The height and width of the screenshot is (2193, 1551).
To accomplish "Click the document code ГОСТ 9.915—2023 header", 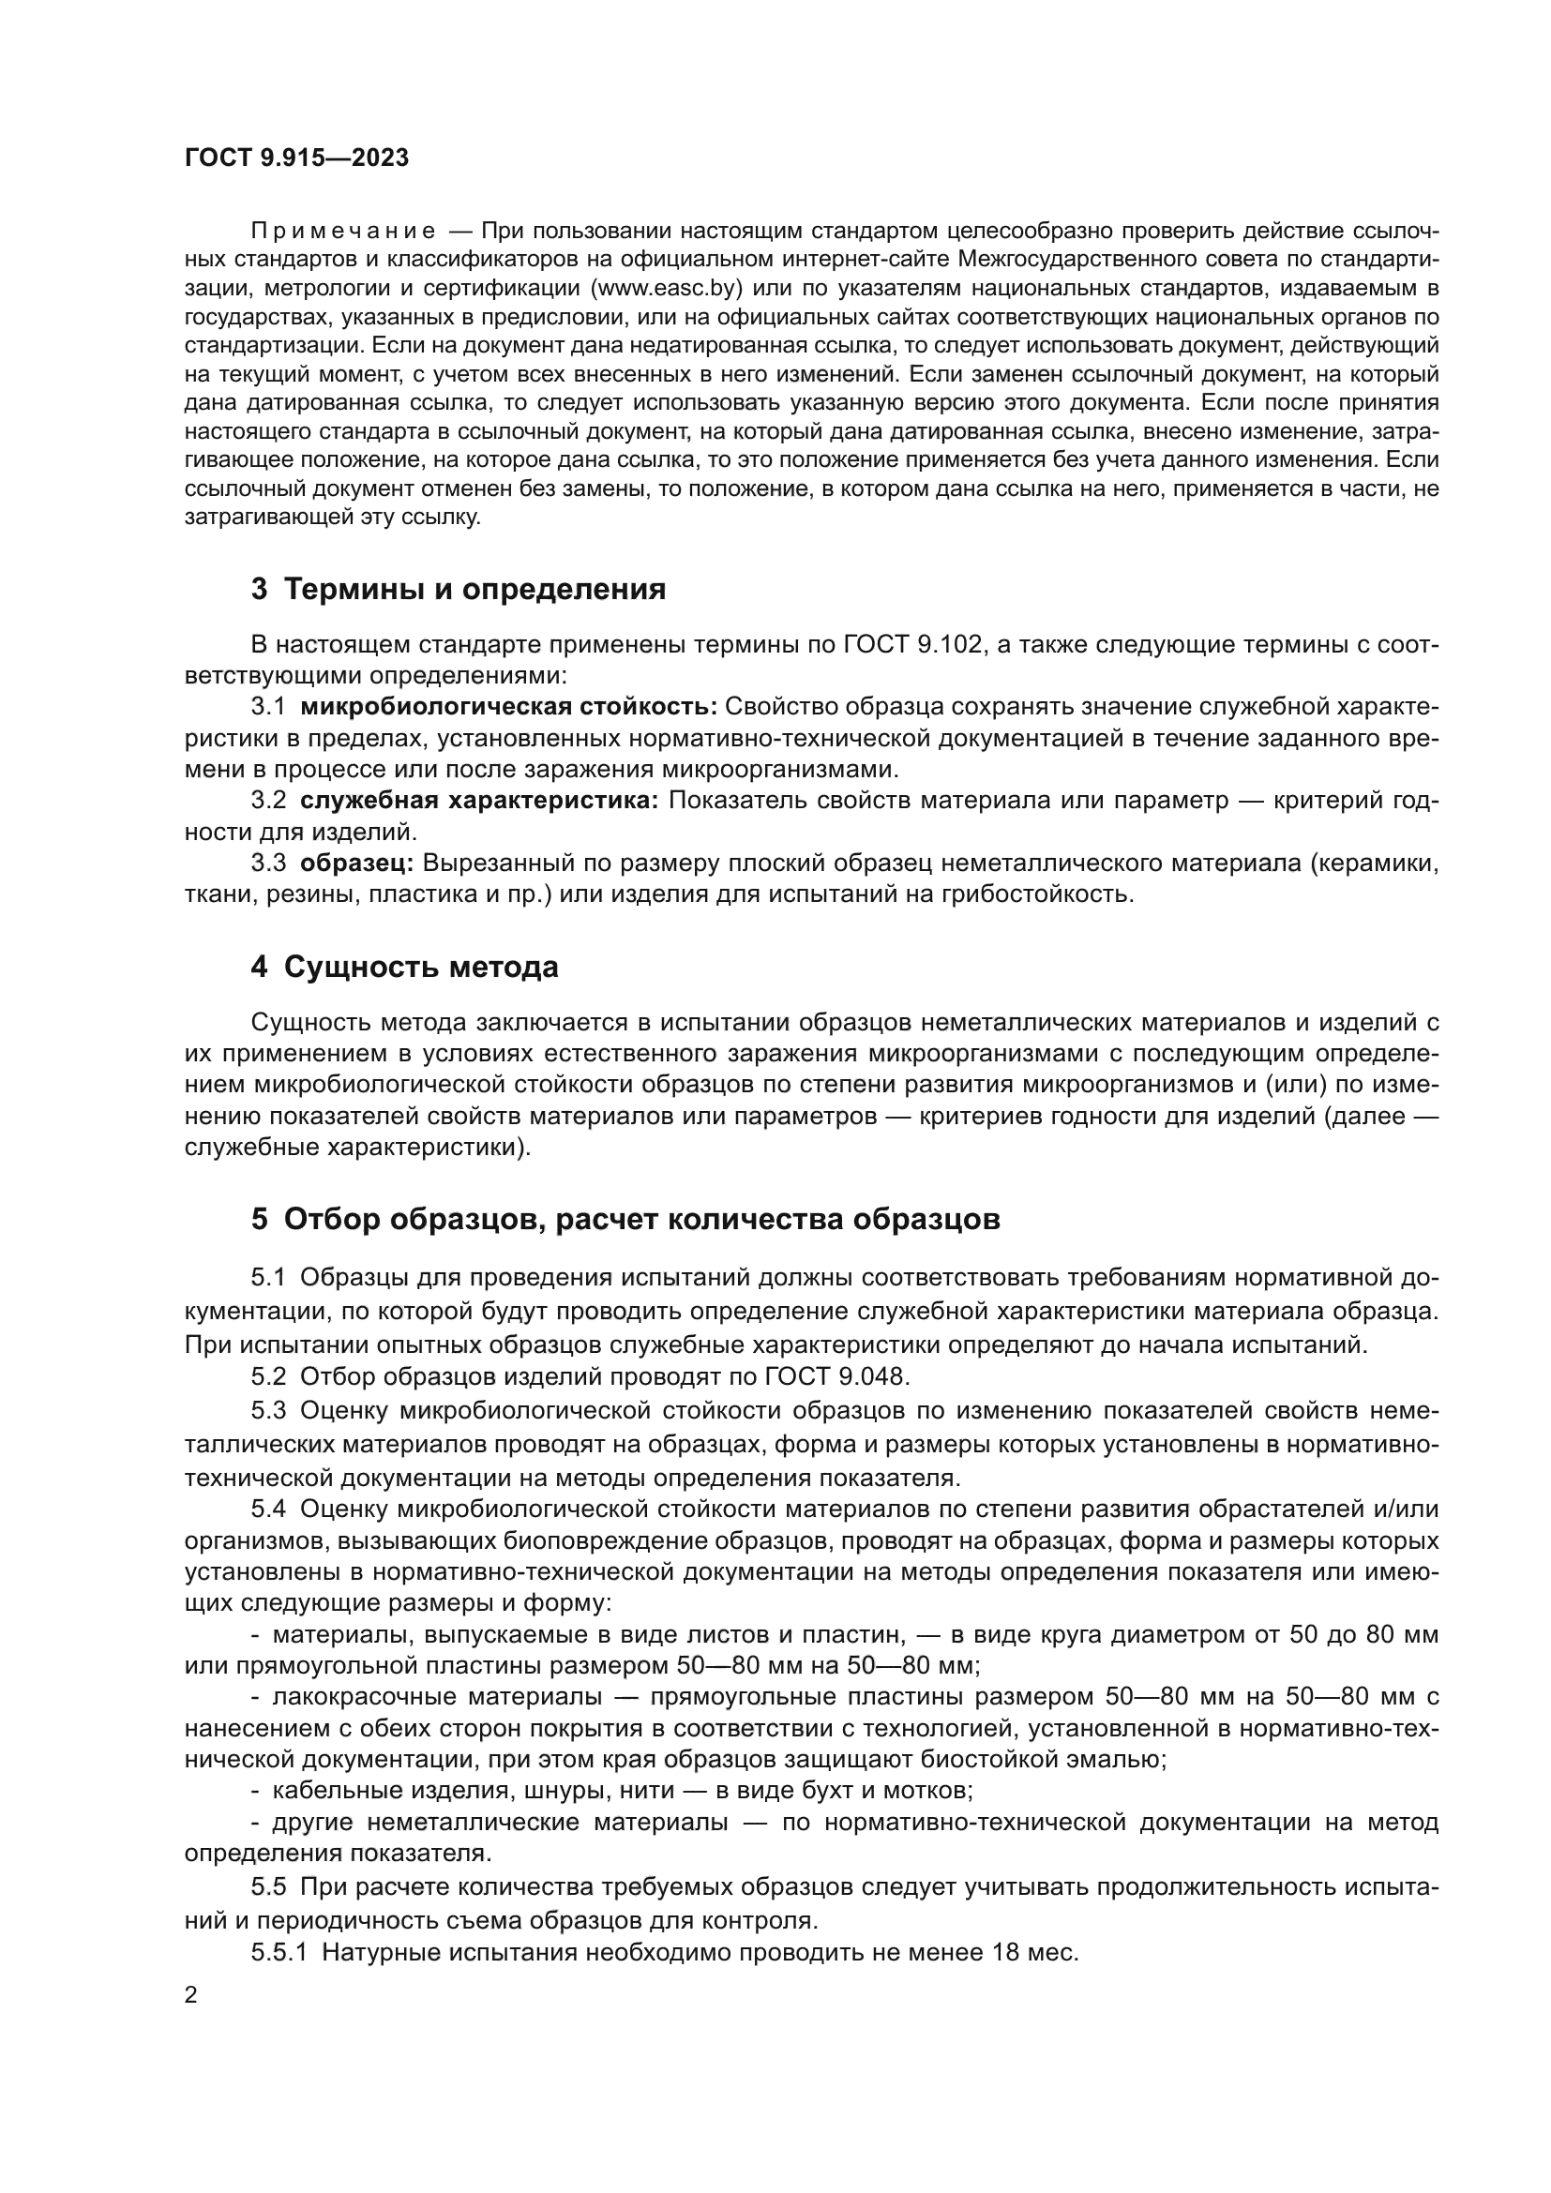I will click(296, 158).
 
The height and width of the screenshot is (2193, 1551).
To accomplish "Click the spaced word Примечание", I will click(343, 232).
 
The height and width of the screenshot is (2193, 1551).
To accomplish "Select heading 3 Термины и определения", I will click(459, 590).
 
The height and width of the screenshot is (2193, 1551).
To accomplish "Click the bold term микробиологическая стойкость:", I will click(508, 707).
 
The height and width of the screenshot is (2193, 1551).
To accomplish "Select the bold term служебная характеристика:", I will click(479, 801).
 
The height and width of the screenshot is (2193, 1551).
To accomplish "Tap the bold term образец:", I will click(356, 864).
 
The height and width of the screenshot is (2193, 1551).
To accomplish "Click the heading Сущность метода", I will click(420, 968).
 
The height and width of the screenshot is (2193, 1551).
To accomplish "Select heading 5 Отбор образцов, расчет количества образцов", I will click(625, 1220).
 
